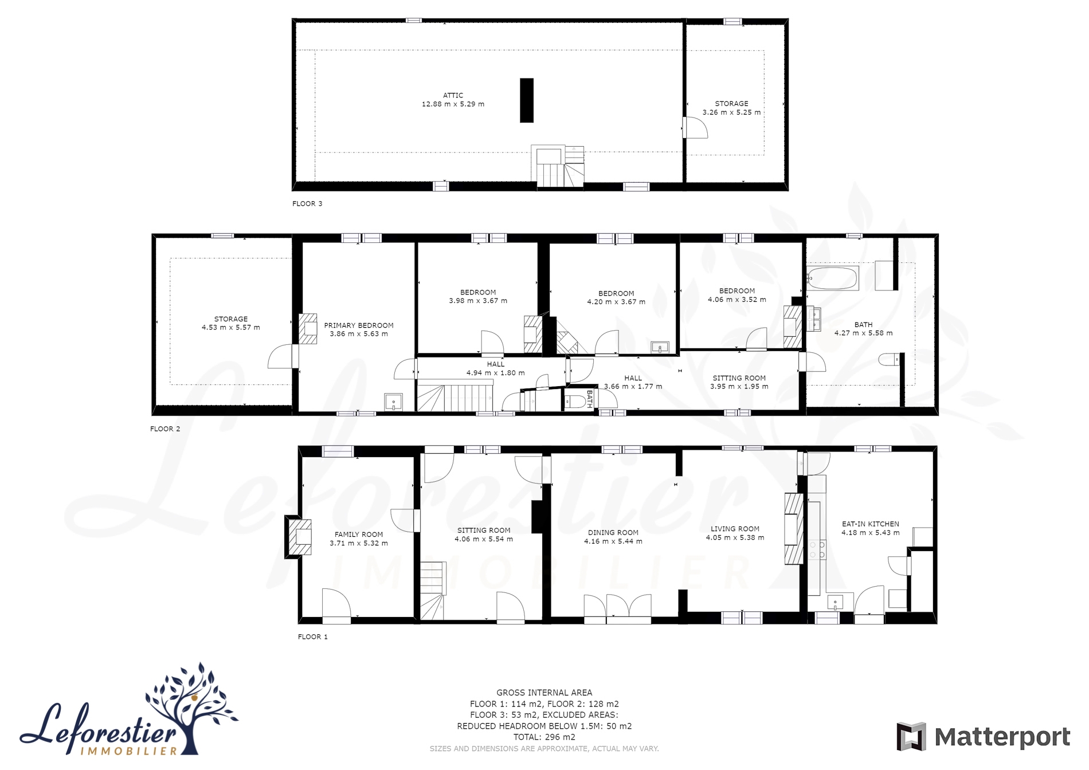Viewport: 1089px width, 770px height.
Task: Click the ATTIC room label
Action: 453,96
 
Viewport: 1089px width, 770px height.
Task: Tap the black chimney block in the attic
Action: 527,100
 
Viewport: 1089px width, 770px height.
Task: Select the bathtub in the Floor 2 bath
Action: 833,278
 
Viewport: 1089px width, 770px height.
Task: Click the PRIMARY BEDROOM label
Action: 359,325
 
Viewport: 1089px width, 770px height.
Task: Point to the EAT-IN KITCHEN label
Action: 871,524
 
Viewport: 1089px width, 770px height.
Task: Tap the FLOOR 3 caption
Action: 307,203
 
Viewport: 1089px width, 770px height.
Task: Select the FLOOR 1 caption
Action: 313,637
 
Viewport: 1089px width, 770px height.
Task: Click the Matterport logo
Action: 984,737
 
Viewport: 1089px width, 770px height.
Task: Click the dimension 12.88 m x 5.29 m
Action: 453,104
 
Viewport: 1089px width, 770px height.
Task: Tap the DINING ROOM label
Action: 613,533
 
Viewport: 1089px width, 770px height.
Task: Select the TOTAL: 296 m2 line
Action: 544,737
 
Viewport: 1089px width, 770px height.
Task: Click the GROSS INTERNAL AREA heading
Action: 544,693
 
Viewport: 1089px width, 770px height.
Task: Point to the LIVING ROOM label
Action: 735,529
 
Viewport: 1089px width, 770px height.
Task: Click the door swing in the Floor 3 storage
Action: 696,128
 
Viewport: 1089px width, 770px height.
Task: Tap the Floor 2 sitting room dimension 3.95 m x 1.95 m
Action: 739,387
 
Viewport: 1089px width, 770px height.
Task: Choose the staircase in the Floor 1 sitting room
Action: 433,590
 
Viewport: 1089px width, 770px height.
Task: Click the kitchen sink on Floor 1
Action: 835,603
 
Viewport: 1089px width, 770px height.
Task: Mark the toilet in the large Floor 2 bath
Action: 889,360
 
